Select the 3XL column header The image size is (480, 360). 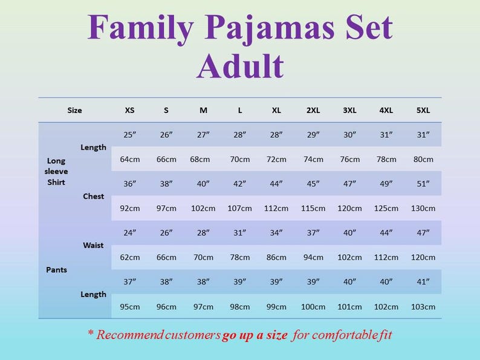pos(349,111)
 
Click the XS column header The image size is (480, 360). pos(130,111)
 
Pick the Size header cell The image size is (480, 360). pos(74,111)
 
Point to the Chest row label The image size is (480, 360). pos(93,196)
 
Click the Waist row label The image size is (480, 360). pos(93,245)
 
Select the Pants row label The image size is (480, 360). pos(56,269)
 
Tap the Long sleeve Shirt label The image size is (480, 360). pos(57,172)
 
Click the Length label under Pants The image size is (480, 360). pos(93,294)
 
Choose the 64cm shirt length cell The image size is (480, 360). pos(130,159)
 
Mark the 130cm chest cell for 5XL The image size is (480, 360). pos(423,208)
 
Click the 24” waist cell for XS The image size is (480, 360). pos(130,233)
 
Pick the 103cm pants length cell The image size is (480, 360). pos(423,306)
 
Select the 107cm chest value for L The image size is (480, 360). pos(240,208)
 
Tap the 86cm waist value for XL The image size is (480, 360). pos(276,257)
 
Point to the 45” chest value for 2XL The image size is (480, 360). pos(313,184)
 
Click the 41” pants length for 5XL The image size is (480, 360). pos(423,281)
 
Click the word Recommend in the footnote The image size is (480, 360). pos(128,335)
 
